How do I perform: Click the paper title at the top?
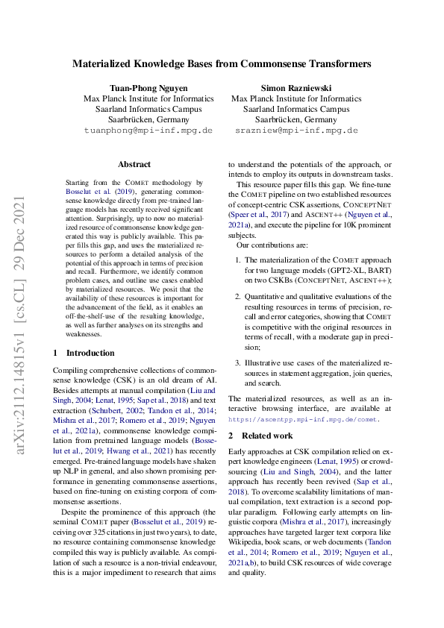click(x=222, y=64)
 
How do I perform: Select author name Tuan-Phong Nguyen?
click(x=148, y=87)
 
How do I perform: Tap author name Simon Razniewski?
click(x=296, y=87)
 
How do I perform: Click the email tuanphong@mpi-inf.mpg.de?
click(x=148, y=130)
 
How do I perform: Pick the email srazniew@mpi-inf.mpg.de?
click(x=296, y=130)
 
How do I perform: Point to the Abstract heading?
click(x=134, y=164)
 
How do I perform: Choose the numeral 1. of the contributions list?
click(x=239, y=260)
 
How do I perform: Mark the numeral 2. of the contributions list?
click(x=239, y=297)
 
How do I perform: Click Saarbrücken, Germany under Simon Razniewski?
click(x=296, y=119)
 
